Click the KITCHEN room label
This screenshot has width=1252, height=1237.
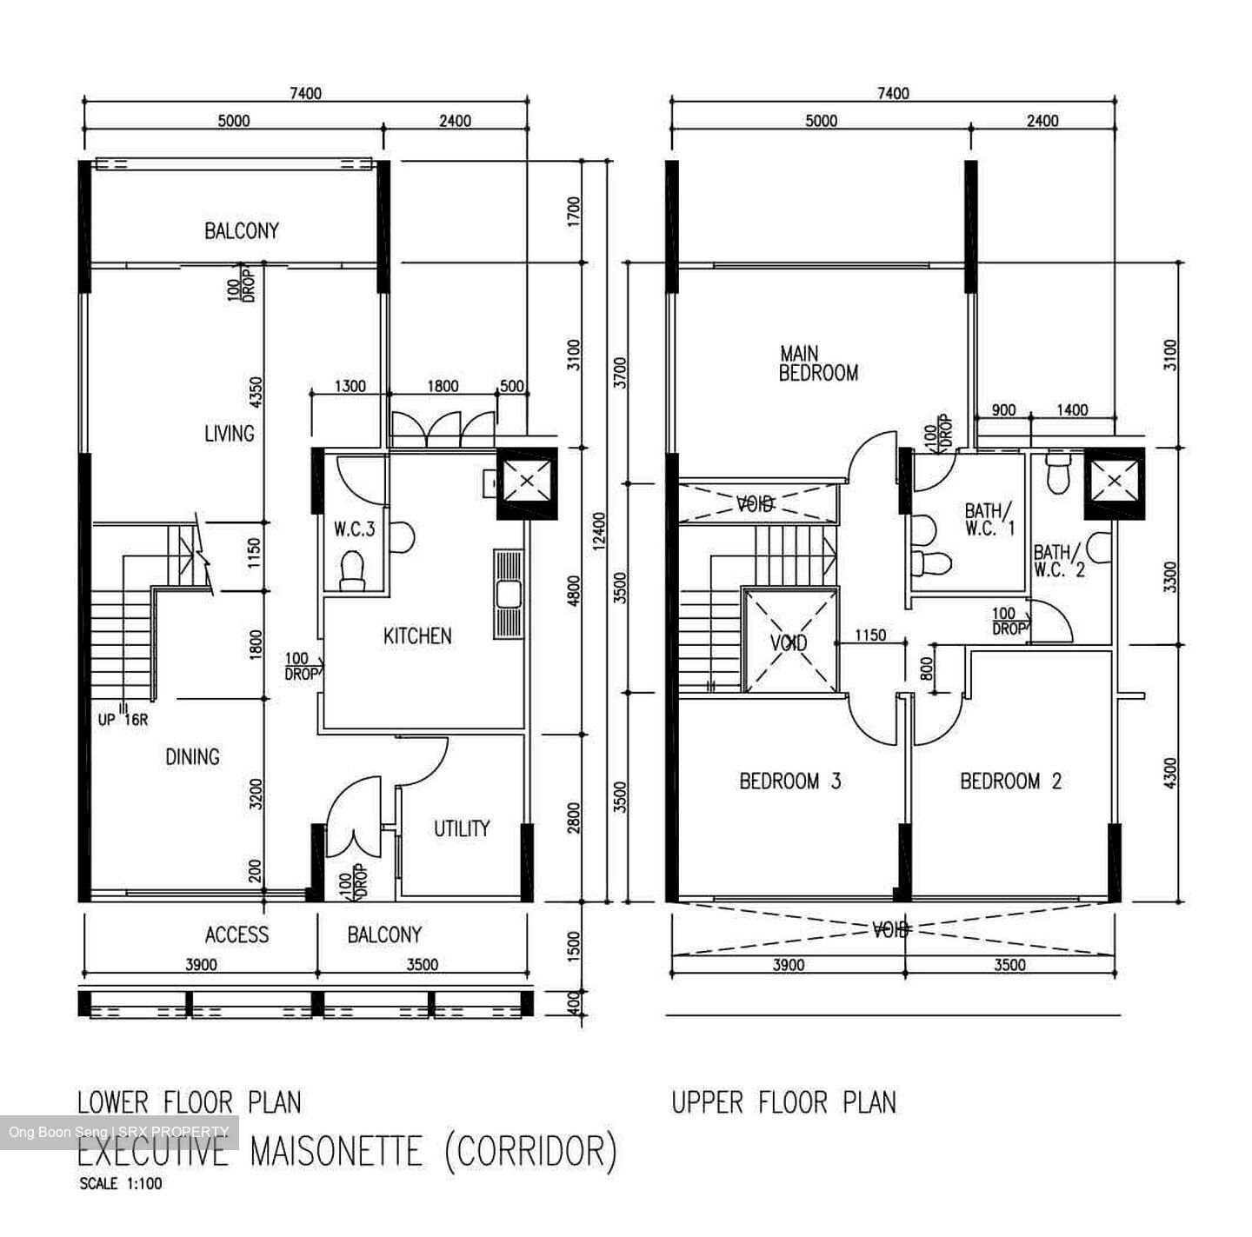coord(417,636)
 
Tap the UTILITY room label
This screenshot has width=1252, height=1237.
coord(462,828)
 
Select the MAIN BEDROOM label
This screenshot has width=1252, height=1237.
coord(817,363)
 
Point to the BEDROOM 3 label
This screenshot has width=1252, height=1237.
coord(789,781)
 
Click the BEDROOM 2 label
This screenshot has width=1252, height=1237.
coord(1010,781)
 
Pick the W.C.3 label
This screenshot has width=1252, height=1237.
coord(354,529)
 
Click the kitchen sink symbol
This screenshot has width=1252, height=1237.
coord(507,595)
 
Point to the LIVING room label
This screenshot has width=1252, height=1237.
coord(230,433)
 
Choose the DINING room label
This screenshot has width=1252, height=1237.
coord(192,756)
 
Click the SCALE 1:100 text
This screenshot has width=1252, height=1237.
coord(120,1183)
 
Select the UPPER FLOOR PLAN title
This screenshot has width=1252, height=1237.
coord(782,1102)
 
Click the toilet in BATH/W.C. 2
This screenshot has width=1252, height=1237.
coord(1058,474)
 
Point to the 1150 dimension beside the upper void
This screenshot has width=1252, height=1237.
coord(869,635)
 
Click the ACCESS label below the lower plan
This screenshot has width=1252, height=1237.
coord(236,934)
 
